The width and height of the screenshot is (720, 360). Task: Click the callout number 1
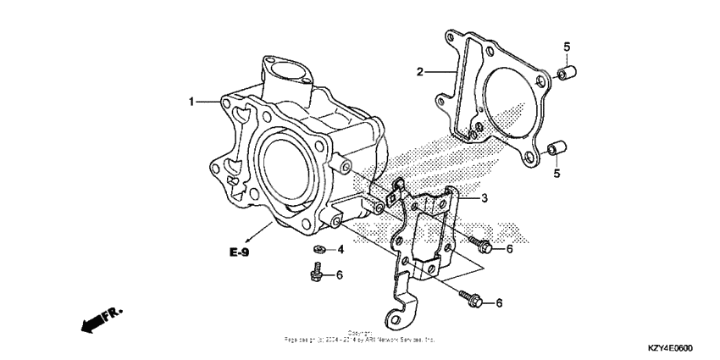pos(192,102)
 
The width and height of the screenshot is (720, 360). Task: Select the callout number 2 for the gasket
pos(419,73)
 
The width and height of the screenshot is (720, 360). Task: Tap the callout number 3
pos(485,199)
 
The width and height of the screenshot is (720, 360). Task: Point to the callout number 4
pos(341,250)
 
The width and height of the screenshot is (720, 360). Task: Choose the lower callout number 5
pos(557,174)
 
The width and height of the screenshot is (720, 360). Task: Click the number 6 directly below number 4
pos(341,274)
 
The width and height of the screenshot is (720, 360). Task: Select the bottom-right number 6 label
pos(499,302)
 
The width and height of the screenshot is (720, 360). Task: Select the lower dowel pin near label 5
pos(555,150)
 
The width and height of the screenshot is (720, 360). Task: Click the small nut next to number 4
pos(318,249)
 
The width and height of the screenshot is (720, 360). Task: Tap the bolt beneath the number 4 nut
pos(314,273)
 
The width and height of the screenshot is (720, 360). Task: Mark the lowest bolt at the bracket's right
pos(469,298)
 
